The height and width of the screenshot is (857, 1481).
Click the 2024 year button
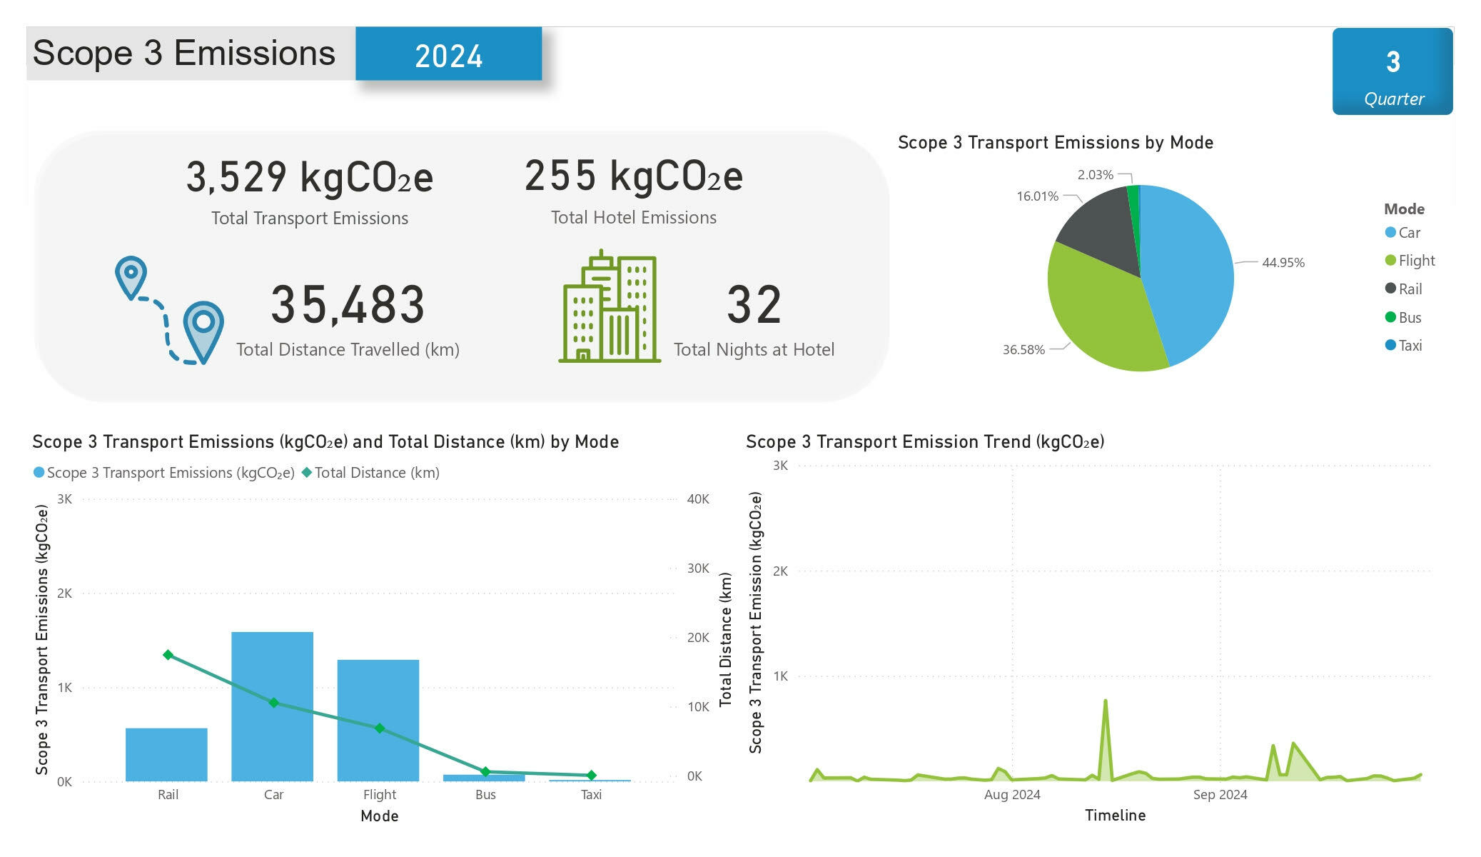point(448,54)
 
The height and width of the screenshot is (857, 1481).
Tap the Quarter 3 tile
point(1392,71)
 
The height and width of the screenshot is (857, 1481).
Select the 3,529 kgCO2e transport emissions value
point(309,177)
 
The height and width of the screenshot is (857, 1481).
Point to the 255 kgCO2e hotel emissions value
point(633,176)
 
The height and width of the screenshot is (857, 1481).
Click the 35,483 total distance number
point(348,305)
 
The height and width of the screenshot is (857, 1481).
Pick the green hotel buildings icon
point(609,307)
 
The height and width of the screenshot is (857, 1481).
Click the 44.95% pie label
point(1283,263)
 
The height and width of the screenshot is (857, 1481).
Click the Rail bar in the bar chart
point(167,754)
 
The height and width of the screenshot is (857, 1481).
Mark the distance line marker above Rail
point(168,655)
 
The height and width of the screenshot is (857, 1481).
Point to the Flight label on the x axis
point(379,795)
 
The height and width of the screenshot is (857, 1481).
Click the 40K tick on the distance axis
point(697,499)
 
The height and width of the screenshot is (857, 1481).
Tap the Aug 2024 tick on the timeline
point(1012,795)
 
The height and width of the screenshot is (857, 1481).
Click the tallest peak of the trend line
point(1105,701)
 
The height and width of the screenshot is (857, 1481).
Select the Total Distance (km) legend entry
point(370,473)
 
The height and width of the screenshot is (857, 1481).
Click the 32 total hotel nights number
point(754,305)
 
